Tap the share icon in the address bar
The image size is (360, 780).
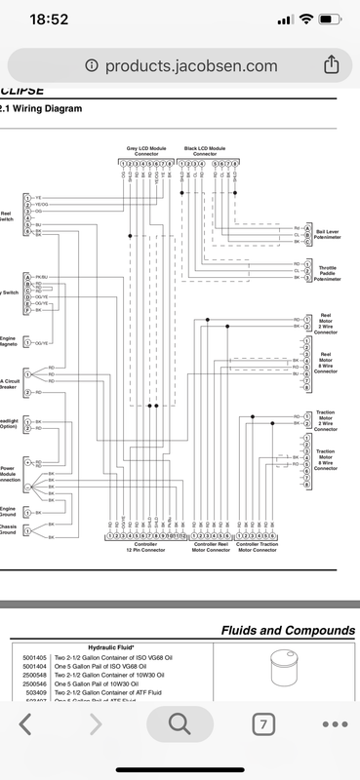331,63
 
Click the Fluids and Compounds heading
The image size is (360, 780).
287,630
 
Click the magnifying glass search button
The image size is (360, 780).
180,723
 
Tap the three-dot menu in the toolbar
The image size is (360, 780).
335,723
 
